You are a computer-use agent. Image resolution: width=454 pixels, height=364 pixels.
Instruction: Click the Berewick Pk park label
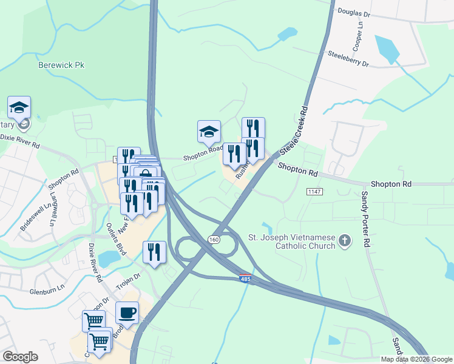point(61,64)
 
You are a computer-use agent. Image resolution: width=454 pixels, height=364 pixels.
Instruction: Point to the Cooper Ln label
point(359,37)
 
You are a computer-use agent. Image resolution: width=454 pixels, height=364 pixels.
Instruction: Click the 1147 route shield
point(314,192)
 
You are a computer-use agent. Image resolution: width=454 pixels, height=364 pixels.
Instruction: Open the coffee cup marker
point(127,313)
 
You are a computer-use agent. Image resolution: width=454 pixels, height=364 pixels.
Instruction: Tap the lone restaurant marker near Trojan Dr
point(154,251)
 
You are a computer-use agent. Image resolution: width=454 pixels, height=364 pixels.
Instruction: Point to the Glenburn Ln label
point(47,291)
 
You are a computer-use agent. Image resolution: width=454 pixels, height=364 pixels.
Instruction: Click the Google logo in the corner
point(20,356)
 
